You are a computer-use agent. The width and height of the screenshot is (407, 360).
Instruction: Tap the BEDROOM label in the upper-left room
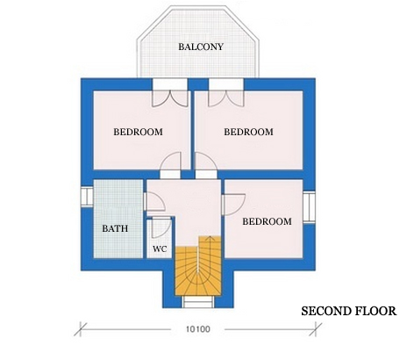tap(139, 132)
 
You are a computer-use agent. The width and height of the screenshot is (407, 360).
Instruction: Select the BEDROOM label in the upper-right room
tap(249, 132)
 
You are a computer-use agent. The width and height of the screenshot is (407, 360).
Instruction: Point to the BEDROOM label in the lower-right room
tap(267, 221)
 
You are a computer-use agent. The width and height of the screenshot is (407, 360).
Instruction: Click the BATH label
tap(115, 228)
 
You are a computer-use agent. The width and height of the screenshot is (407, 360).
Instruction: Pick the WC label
tap(160, 248)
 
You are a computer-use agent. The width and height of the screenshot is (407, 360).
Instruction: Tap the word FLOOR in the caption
tap(375, 311)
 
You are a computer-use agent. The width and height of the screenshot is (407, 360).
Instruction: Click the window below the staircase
tap(196, 303)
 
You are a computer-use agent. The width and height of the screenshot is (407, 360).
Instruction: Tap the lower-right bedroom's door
tap(232, 203)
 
